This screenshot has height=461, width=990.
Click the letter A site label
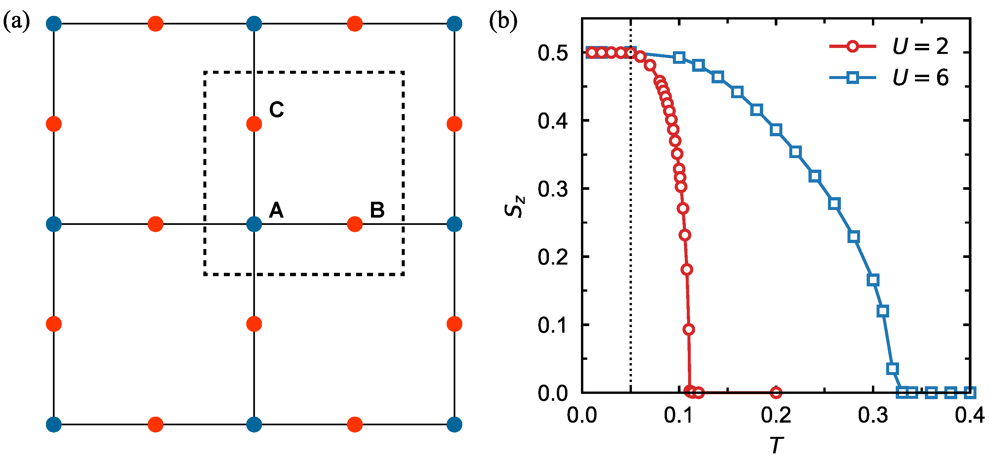[276, 210]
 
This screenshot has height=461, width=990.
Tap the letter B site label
[377, 210]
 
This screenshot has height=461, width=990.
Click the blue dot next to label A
[254, 224]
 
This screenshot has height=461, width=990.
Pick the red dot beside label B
[355, 224]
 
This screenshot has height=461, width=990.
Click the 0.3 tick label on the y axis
[553, 189]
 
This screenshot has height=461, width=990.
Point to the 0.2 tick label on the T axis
[776, 416]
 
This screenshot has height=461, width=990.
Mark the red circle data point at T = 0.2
[776, 393]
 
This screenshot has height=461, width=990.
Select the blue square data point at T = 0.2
[776, 130]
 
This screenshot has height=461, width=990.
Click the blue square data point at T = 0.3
[873, 279]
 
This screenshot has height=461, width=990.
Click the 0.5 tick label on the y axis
[553, 53]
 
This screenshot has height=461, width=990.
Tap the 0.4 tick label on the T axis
[969, 416]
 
